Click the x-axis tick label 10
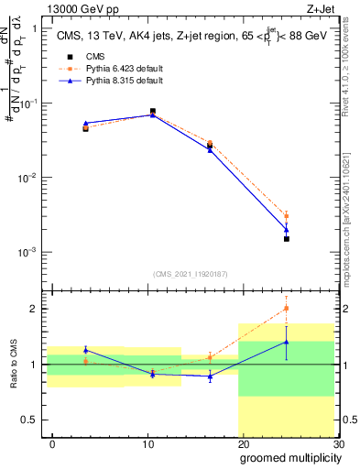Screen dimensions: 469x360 coord(147,442)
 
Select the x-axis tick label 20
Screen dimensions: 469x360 coord(243,442)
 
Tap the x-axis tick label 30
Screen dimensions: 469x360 coord(337,442)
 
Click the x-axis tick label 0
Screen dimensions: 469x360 coord(52,442)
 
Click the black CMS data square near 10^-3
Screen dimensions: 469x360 coord(287,239)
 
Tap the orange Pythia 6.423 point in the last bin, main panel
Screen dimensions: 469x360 coord(287,216)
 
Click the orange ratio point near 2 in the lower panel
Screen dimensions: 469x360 coord(287,308)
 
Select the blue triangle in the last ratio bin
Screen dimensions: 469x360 coord(287,342)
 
